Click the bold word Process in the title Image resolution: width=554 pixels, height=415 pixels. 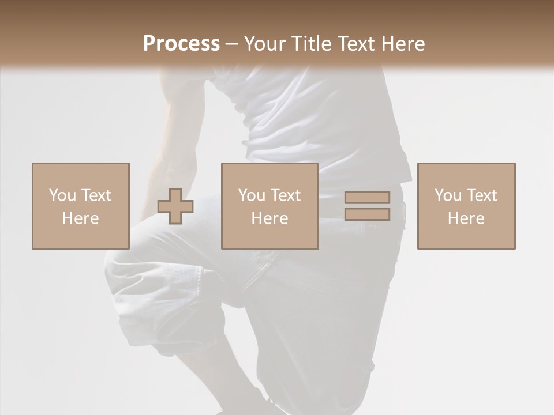[181, 43]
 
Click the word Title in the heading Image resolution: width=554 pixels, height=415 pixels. [311, 43]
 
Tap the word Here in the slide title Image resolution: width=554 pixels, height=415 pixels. [403, 43]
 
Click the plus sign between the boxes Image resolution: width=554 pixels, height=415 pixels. [175, 206]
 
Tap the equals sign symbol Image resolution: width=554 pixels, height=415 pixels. [367, 206]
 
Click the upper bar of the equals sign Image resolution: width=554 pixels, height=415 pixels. [367, 198]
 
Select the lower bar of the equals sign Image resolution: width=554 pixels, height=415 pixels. [367, 214]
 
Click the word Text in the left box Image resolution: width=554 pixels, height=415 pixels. [96, 195]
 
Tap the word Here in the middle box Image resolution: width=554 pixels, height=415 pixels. [270, 218]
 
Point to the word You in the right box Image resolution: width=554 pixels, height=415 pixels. [448, 195]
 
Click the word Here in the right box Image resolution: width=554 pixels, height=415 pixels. [466, 218]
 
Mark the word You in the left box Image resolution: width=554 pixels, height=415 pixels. [62, 195]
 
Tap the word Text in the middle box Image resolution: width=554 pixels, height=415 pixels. [286, 195]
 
